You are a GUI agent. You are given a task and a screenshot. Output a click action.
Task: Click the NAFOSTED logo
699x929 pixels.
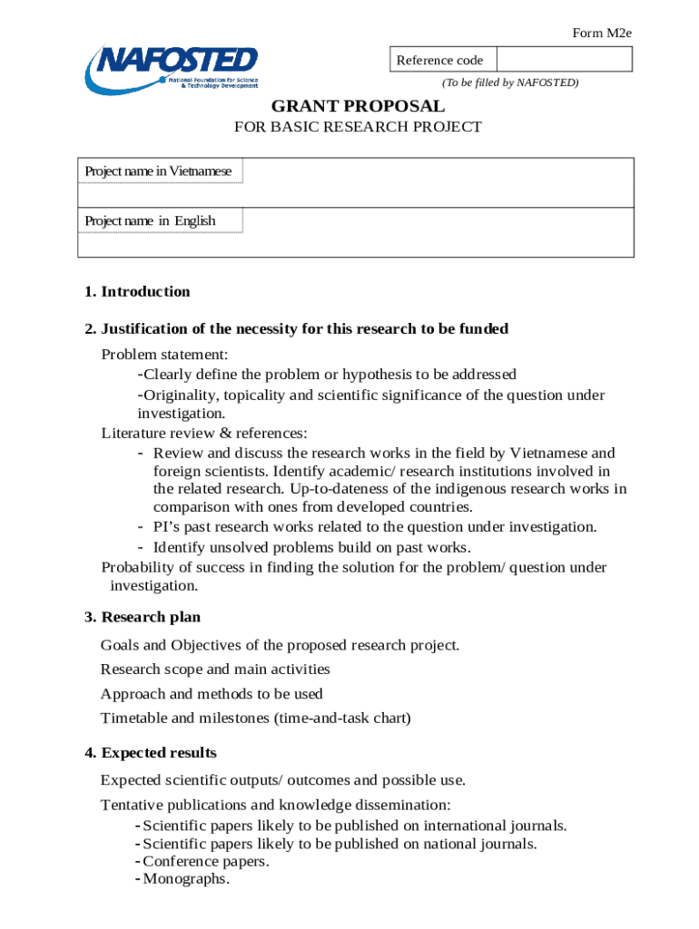[x=172, y=70]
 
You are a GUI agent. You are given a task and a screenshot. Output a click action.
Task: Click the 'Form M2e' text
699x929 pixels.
[x=601, y=34]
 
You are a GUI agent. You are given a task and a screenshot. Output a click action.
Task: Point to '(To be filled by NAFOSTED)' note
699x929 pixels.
[x=509, y=83]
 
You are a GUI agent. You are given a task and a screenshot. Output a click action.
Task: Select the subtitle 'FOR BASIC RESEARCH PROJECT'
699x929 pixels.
[x=358, y=127]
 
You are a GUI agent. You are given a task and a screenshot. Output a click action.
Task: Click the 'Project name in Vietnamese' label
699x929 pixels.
[x=159, y=171]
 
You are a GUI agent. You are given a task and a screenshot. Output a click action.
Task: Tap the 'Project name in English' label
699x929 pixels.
[x=151, y=220]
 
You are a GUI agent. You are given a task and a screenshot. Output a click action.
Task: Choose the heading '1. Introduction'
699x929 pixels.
[x=137, y=291]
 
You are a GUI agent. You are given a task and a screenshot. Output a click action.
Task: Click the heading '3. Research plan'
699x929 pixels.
[x=143, y=617]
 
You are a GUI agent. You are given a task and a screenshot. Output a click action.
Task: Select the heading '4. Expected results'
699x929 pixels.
[x=150, y=753]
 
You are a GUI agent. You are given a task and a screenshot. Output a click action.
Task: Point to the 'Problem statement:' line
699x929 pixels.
[x=164, y=354]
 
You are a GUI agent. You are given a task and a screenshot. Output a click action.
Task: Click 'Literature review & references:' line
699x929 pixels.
[x=204, y=433]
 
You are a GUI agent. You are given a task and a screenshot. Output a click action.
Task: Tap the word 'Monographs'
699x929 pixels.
[x=186, y=879]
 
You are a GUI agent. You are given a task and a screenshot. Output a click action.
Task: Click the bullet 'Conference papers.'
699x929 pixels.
[x=206, y=861]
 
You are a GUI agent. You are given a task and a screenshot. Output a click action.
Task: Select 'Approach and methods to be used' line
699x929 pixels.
[x=212, y=694]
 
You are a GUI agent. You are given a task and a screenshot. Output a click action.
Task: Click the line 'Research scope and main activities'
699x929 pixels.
[x=215, y=670]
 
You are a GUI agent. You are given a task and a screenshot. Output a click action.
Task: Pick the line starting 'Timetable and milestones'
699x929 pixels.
[x=255, y=719]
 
